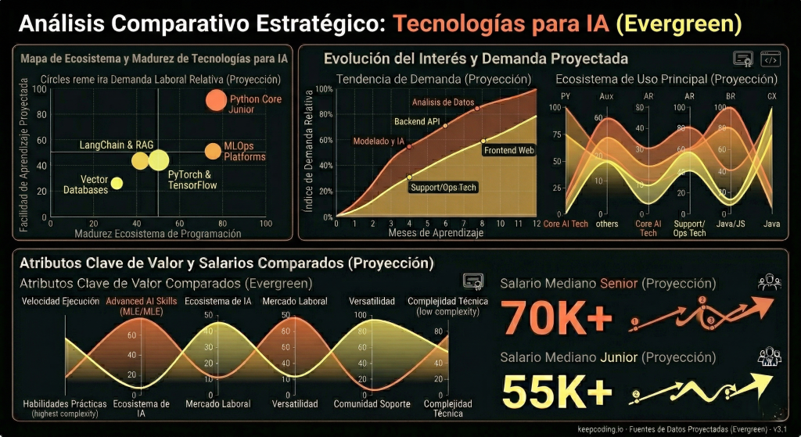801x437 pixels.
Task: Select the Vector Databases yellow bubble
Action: point(117,183)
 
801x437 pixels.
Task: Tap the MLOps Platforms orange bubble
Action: point(213,152)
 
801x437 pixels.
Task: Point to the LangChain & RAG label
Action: point(117,145)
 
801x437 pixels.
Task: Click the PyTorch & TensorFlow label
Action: point(189,180)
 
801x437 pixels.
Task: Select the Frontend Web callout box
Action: point(508,149)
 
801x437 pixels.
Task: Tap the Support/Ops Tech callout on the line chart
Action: point(443,188)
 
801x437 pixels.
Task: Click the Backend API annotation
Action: point(417,121)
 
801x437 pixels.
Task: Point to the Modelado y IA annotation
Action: point(379,141)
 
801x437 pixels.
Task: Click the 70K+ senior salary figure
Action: point(555,317)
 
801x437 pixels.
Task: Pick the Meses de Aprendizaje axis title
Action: point(436,233)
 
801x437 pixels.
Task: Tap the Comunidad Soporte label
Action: point(372,404)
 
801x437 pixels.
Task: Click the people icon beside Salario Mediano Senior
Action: point(769,282)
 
